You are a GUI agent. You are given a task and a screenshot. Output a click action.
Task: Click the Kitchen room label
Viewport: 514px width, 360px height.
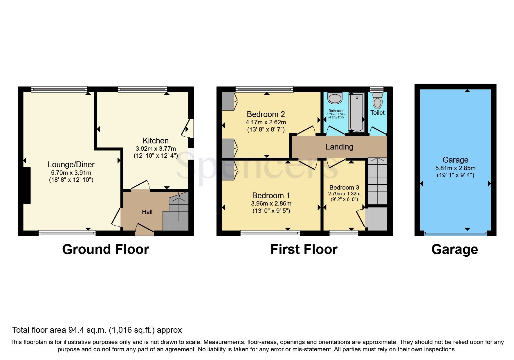tap(156, 141)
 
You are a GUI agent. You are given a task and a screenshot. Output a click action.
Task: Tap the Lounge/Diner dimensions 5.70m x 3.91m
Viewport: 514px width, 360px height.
tap(71, 172)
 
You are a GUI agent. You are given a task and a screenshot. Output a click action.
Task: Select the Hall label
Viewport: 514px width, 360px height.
tap(147, 212)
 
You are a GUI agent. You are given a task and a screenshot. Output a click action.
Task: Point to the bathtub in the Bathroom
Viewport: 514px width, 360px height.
tap(357, 113)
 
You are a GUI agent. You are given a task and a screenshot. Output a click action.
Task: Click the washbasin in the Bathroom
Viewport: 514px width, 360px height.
tap(335, 98)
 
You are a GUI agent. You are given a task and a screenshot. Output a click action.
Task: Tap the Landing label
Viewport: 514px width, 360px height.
tap(339, 147)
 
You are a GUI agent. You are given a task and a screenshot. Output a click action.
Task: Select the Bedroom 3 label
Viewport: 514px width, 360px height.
tap(344, 188)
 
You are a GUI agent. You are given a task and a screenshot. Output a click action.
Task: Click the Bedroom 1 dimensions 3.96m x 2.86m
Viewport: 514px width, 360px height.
tap(271, 204)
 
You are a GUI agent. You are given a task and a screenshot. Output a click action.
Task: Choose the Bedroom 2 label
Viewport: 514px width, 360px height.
tap(266, 114)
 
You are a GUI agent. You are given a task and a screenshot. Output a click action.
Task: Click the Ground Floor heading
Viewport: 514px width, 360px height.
tap(106, 249)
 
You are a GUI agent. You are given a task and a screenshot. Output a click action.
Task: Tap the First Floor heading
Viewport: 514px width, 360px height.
tap(304, 249)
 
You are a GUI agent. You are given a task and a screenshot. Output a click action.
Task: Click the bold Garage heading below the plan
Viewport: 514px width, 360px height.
tap(455, 249)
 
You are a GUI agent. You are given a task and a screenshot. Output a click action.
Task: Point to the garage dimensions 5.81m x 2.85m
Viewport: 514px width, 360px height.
tap(455, 168)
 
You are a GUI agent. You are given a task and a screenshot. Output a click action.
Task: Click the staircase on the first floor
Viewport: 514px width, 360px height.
tap(378, 181)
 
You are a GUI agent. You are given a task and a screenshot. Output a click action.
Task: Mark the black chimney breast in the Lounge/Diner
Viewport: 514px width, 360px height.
tap(27, 186)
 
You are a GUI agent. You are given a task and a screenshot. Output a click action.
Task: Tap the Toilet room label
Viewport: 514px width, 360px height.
tap(377, 113)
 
